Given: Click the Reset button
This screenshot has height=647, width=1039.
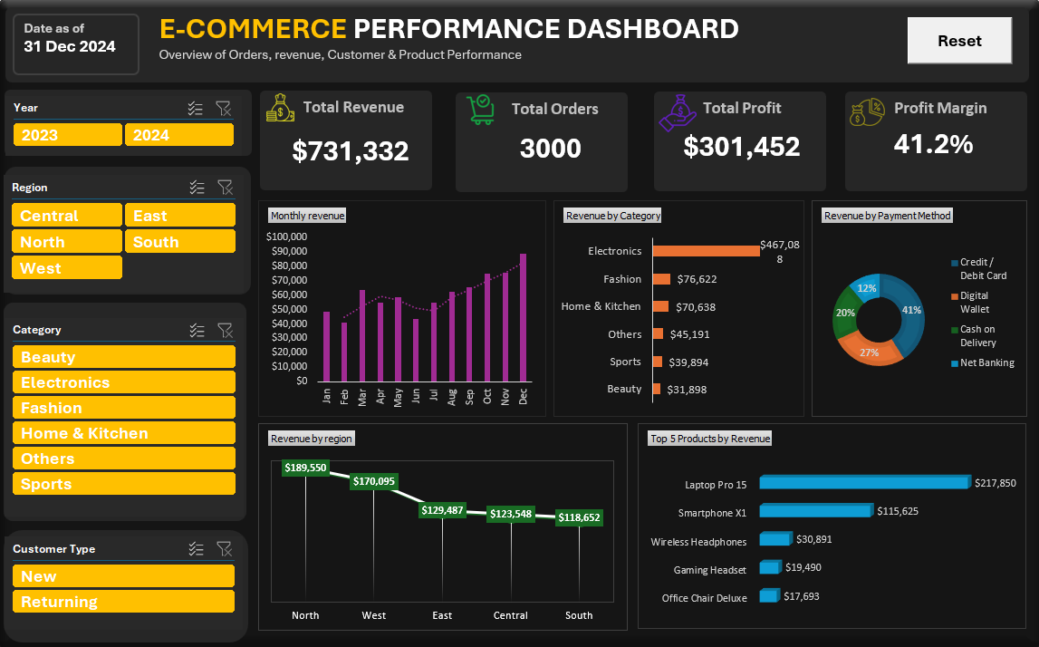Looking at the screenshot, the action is pos(959,41).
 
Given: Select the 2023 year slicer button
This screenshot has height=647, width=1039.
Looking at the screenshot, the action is pos(68,135).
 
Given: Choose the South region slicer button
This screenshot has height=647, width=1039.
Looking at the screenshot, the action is pos(180,241).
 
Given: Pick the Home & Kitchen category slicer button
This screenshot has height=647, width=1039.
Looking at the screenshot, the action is pos(124,433).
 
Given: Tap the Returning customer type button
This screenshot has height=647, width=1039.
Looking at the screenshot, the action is pos(124,602).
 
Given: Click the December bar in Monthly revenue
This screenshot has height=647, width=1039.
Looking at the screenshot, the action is pos(523,317).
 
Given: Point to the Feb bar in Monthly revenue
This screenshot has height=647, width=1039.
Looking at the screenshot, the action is pos(344,352).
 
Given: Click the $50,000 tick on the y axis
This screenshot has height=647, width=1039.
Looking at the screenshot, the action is pos(290,309).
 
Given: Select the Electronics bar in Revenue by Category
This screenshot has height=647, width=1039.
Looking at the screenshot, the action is pos(707,251).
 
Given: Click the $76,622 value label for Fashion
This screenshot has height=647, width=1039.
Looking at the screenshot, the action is pos(697,279).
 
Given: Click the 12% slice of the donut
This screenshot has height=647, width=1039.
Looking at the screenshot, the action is pos(866,287).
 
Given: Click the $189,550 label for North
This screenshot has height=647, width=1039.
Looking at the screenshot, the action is pos(305,468).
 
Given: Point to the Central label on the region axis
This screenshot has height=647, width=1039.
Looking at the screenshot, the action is pos(510,615).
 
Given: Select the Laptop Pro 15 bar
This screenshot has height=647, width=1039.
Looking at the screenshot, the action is pos(865,482).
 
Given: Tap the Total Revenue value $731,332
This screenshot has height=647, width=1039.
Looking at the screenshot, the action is pos(350,151).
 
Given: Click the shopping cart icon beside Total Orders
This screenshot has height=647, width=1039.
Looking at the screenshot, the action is pos(480,110).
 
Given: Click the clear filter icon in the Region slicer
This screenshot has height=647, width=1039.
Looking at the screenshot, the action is pos(226,188).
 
